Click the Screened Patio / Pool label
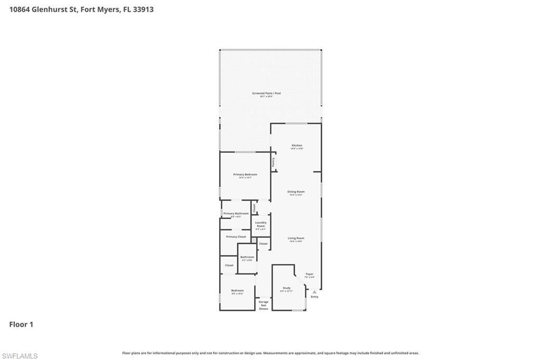point(266,93)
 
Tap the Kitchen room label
point(297,146)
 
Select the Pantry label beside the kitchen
point(273,162)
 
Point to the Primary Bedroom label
point(245,175)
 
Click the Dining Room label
point(296,192)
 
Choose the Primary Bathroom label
point(236,214)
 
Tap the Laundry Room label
point(261,224)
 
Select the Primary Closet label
point(236,237)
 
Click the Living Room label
point(296,239)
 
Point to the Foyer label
point(310,274)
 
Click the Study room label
point(286,288)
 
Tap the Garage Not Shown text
point(263,305)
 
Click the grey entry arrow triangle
point(314,291)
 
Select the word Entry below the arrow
point(314,297)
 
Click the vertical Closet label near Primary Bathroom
point(254,208)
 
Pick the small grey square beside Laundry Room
point(254,242)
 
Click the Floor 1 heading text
point(21,325)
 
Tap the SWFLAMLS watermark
point(20,356)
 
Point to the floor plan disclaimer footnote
point(270,353)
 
